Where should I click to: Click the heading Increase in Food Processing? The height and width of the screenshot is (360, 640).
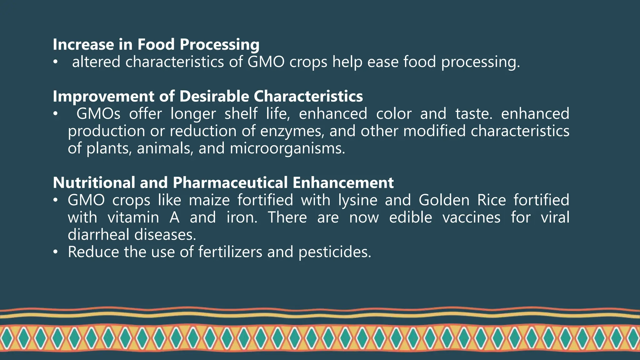tap(156, 44)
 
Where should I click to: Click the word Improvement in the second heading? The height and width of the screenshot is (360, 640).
tap(103, 96)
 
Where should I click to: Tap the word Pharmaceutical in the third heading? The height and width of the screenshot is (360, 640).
tap(230, 183)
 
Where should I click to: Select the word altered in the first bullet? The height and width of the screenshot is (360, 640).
tap(96, 62)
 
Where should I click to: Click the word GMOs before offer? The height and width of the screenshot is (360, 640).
tap(98, 114)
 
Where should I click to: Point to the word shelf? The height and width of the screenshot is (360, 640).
tap(241, 114)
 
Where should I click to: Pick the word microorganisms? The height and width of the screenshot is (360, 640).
tap(287, 148)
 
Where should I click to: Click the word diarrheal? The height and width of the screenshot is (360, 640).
tap(98, 235)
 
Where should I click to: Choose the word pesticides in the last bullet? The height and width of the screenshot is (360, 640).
tap(334, 252)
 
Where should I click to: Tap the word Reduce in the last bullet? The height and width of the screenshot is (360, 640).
tap(93, 252)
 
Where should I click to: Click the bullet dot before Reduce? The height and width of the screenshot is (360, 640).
tap(55, 252)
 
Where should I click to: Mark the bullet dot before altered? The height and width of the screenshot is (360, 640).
tap(55, 62)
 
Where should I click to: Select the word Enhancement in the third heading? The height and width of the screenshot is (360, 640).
tap(343, 183)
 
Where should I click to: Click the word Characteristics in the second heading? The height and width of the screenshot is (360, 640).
tap(308, 96)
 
